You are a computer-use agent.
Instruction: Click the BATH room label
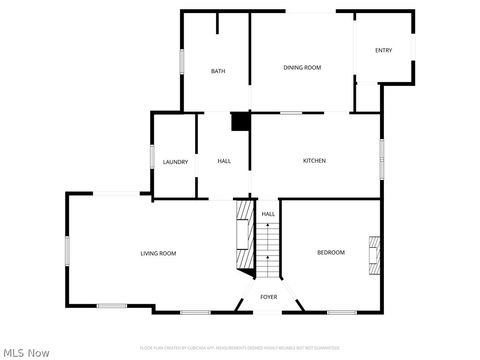[217, 71]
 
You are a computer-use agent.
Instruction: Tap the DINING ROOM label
[302, 67]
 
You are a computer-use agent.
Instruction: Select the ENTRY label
[383, 50]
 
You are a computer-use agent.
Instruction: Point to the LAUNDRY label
[176, 162]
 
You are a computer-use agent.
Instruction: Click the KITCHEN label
[314, 161]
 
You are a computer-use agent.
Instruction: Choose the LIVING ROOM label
[158, 253]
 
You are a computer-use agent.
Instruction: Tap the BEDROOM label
[331, 252]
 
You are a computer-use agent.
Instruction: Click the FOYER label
[268, 297]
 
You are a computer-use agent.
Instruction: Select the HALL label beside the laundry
[224, 161]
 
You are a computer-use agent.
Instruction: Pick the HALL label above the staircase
[268, 214]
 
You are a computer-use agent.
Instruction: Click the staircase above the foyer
[268, 252]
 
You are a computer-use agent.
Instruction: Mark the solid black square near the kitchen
[240, 121]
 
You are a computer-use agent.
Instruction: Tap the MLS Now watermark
[27, 352]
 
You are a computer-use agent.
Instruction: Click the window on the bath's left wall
[181, 60]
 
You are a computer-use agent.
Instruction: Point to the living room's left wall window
[67, 250]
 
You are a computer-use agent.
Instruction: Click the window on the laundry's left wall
[152, 159]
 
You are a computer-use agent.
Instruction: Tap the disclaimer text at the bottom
[240, 347]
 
